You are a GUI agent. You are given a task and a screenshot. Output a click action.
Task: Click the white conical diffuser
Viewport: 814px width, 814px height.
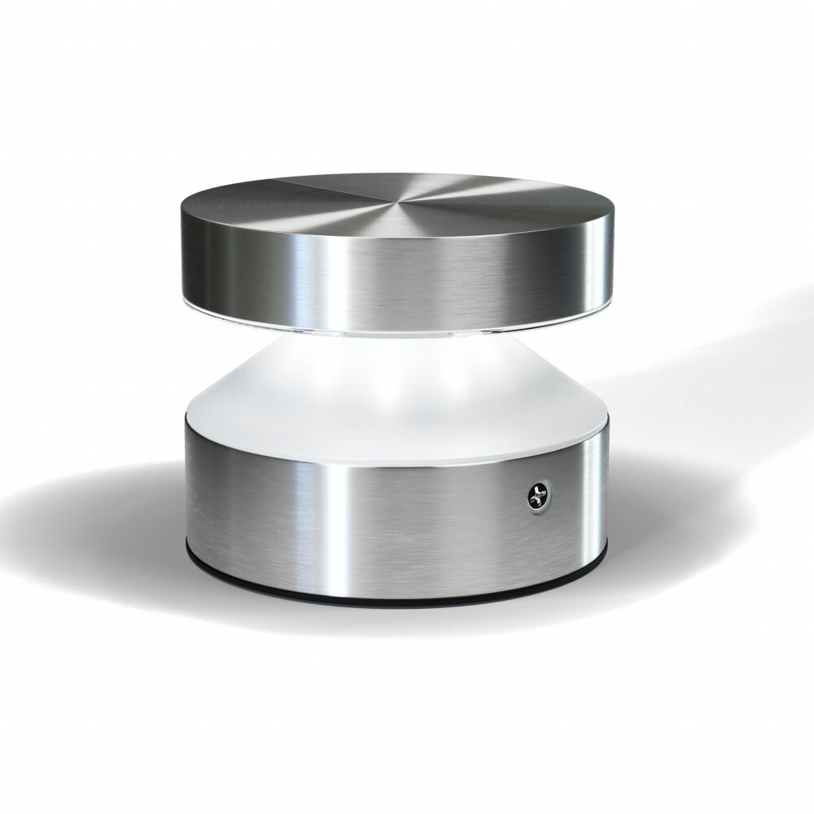[x=399, y=383]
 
